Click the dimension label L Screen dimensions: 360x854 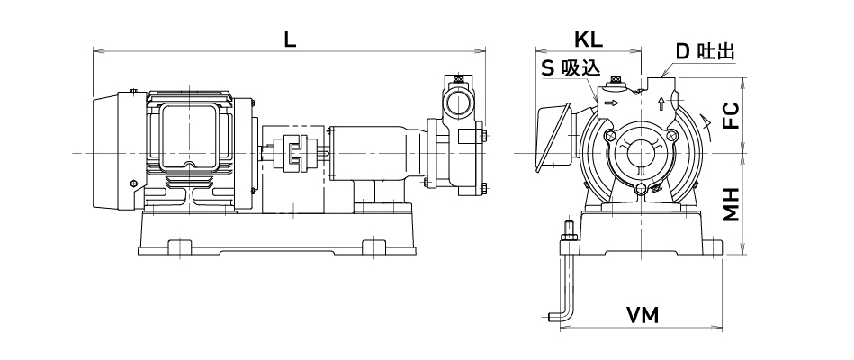point(290,40)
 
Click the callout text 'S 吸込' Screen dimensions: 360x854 point(570,68)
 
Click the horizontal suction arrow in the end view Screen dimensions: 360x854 point(611,103)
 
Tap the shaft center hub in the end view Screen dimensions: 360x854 point(640,153)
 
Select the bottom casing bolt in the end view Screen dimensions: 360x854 point(640,188)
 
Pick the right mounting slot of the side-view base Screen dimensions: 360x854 point(372,247)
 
